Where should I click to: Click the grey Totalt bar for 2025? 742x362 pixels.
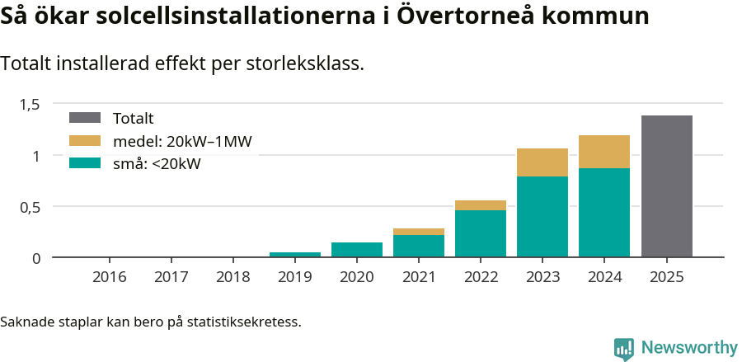click(x=666, y=186)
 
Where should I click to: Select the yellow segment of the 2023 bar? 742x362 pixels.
click(x=542, y=162)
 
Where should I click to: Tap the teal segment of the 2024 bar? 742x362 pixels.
click(x=604, y=213)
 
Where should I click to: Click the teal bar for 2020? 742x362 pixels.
click(x=357, y=250)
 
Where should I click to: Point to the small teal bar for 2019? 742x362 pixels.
click(x=295, y=255)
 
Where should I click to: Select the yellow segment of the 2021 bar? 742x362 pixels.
click(x=419, y=232)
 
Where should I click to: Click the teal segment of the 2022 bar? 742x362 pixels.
click(x=481, y=234)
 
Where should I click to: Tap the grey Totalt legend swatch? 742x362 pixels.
click(x=85, y=118)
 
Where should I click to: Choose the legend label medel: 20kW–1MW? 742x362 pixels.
click(x=182, y=141)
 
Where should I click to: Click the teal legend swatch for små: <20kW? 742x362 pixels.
click(x=85, y=163)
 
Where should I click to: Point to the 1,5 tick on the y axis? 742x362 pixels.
click(x=30, y=104)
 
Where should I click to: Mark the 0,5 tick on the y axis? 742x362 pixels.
click(x=30, y=207)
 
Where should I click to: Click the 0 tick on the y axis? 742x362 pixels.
click(x=36, y=258)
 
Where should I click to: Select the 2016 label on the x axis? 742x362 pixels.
click(x=110, y=277)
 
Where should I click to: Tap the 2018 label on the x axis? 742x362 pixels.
click(x=233, y=277)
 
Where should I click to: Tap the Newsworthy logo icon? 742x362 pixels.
click(x=624, y=348)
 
